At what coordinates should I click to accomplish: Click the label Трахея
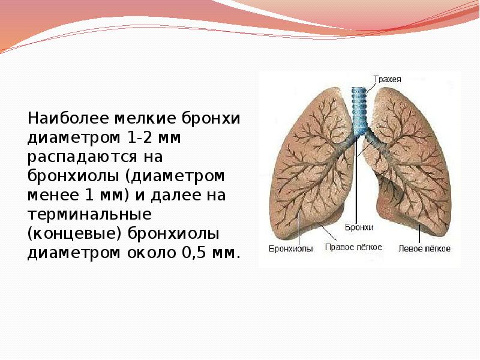pyautogui.click(x=387, y=79)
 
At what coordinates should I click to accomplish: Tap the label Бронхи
pyautogui.click(x=359, y=228)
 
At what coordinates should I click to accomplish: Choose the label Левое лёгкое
pyautogui.click(x=424, y=248)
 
